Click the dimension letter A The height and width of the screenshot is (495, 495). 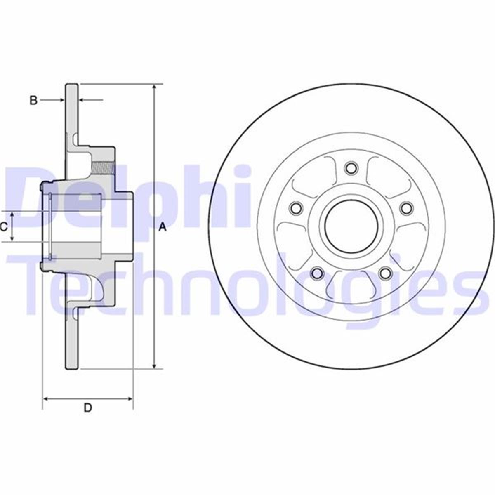[x=163, y=227]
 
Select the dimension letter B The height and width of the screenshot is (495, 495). [x=34, y=100]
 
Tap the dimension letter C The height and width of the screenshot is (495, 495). [x=4, y=226]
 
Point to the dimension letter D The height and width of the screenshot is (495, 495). [x=87, y=408]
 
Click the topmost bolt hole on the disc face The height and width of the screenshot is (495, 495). [x=351, y=168]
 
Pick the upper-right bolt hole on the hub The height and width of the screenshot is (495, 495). [x=406, y=207]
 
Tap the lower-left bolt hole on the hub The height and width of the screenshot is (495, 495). [x=317, y=273]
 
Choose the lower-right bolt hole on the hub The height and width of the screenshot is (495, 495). [x=385, y=273]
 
